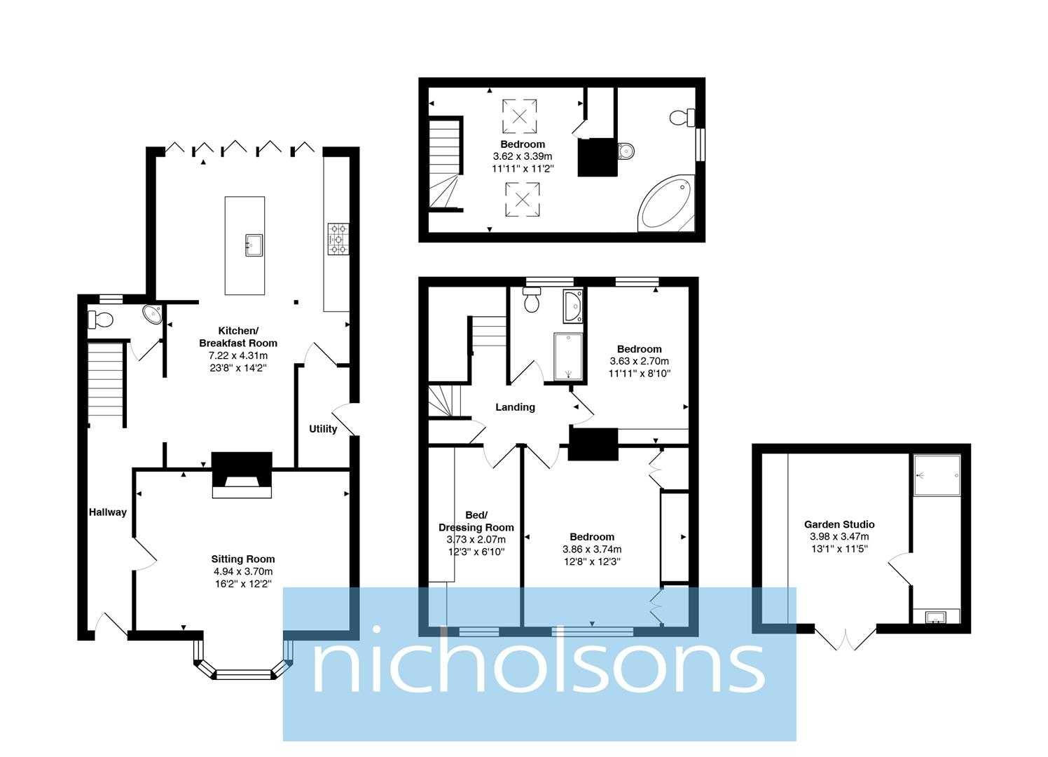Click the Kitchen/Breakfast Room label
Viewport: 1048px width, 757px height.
click(x=238, y=337)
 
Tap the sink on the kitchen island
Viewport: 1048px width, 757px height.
click(x=254, y=245)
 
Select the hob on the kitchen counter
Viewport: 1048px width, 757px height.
click(x=338, y=238)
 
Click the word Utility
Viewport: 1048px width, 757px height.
click(x=323, y=429)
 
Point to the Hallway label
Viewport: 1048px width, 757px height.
click(x=108, y=512)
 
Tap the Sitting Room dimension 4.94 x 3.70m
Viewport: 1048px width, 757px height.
click(x=243, y=571)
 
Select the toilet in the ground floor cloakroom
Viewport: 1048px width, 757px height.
click(x=101, y=320)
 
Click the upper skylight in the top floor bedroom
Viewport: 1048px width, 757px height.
click(x=520, y=116)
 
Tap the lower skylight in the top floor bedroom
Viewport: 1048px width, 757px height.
click(x=523, y=199)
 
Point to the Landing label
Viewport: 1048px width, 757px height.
click(x=515, y=407)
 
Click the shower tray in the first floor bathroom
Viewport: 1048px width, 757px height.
click(x=568, y=357)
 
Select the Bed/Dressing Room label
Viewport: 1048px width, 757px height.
click(x=476, y=521)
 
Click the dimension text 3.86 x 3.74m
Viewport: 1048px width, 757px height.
click(x=592, y=550)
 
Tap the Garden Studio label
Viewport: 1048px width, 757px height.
click(x=839, y=524)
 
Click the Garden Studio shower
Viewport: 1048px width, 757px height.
click(x=937, y=475)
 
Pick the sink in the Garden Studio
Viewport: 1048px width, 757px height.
click(x=936, y=617)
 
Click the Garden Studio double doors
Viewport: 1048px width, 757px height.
click(x=846, y=637)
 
